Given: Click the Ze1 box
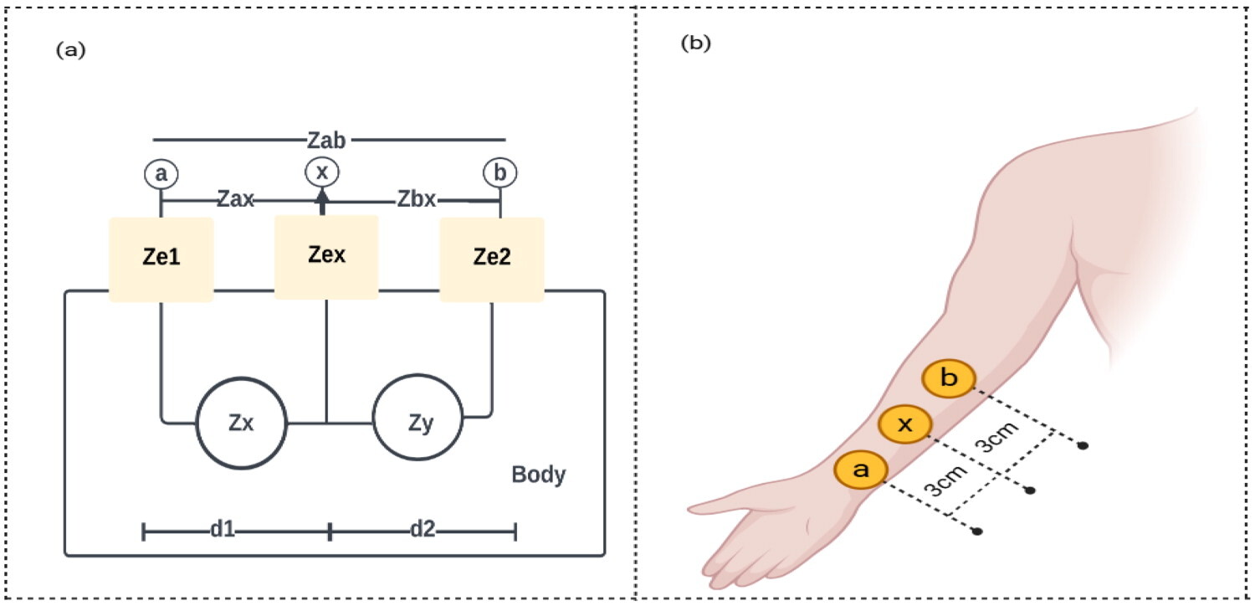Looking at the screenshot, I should [161, 259].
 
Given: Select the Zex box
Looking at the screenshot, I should [325, 255].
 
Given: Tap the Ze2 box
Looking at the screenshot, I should [492, 259].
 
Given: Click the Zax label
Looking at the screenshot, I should [235, 201].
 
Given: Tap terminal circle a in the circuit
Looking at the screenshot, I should [161, 173].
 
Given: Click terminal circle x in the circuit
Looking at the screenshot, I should [320, 172].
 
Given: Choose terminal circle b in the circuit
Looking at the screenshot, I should [500, 173].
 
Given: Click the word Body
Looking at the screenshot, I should [539, 476].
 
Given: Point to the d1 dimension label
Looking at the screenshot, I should [223, 531].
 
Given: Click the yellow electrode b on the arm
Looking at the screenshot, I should [949, 379].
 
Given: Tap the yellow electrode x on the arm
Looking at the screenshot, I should [904, 424].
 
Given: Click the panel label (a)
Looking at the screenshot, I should [70, 50].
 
